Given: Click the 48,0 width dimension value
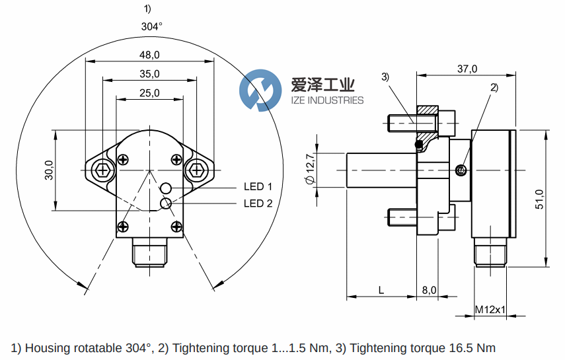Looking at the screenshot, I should tap(150, 55).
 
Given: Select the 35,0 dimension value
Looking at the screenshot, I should tap(150, 73).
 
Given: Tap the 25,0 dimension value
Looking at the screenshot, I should tap(150, 92).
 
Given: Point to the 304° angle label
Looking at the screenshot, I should tap(151, 26).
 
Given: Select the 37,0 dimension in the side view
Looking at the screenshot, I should tap(467, 69).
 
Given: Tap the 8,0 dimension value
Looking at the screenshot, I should tap(429, 290).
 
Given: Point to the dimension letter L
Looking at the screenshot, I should tap(381, 290).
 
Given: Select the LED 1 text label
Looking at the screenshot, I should tap(258, 187).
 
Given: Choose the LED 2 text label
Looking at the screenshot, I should tap(258, 203).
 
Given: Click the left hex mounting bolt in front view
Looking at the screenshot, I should tap(101, 170).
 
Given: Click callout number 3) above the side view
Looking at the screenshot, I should tap(386, 77).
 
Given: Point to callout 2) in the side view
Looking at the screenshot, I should tap(493, 87).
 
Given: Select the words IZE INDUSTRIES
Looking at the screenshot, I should tap(328, 100).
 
